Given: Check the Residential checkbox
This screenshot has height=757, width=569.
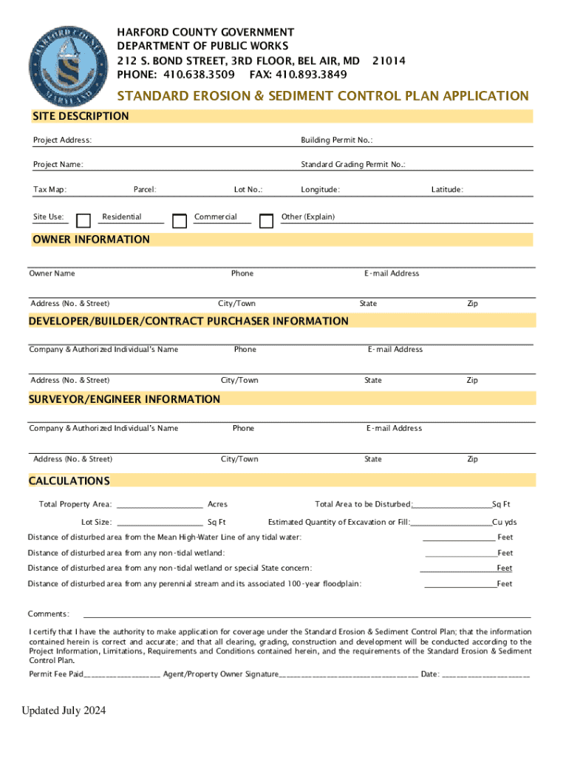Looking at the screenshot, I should point(84,220).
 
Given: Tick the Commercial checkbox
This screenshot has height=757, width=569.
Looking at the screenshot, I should point(179,220).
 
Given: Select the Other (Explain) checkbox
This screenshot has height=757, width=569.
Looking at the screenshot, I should point(267,220).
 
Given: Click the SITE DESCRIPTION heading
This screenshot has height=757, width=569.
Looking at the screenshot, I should point(81,116).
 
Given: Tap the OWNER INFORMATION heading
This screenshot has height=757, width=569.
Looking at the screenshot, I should point(91,240).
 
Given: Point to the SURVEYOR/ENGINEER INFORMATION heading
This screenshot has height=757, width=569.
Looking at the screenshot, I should point(124,399).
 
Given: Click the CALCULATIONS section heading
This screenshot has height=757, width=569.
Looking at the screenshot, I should point(69,481).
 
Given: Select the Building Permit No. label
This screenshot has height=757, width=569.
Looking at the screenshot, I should point(336,140).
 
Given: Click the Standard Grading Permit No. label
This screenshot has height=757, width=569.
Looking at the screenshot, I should point(352,165).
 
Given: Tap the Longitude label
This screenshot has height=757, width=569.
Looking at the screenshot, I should point(320,190).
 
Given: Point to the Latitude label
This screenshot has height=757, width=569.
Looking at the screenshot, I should point(447,190).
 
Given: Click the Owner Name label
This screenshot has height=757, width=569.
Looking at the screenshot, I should point(52,274).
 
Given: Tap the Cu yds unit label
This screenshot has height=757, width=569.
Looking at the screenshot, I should point(505,523).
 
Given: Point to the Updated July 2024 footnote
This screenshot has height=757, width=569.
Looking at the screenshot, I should point(64,711).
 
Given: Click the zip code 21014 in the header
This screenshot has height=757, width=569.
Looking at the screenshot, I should point(389,61).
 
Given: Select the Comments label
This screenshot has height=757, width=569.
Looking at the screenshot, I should point(49,614).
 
